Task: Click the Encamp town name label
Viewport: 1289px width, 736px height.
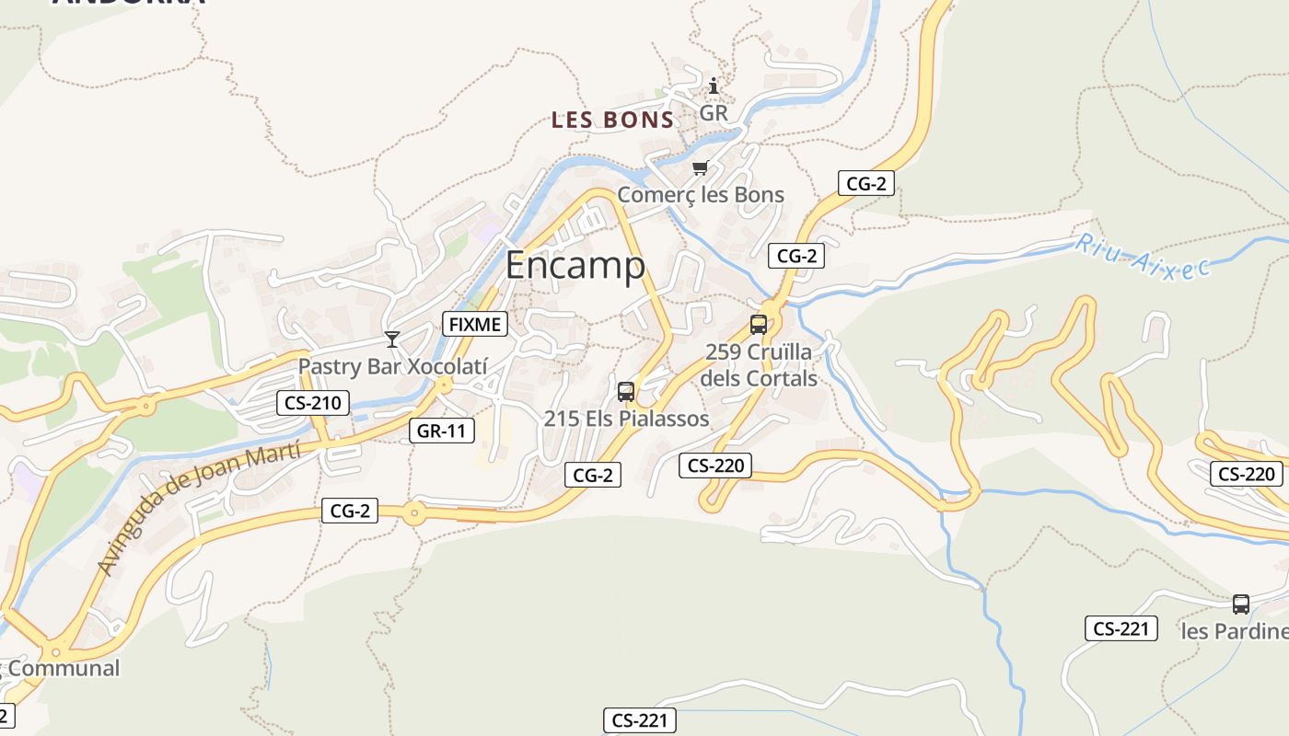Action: coord(575,265)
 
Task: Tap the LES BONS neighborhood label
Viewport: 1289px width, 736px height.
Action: coord(612,120)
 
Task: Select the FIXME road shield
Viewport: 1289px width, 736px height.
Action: coord(475,324)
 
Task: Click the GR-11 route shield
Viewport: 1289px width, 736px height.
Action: coord(442,430)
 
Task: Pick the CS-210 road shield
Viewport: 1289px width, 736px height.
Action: coord(313,402)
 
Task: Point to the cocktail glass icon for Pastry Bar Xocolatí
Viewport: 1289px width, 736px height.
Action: coord(392,339)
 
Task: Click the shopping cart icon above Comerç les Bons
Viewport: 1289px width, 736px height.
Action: coord(700,168)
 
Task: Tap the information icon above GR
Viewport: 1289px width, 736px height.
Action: coord(714,86)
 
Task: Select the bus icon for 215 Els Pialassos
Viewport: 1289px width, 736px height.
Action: coord(626,392)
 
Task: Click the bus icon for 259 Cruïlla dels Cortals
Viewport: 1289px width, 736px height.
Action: coord(759,325)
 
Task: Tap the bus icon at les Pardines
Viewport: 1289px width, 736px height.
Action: coord(1241,604)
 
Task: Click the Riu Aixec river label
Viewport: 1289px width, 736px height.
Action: coord(1142,257)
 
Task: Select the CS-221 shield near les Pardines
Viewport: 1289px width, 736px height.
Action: coord(1120,628)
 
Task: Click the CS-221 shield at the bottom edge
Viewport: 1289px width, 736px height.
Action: coord(640,720)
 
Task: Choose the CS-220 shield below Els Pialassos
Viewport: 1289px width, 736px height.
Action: coord(715,466)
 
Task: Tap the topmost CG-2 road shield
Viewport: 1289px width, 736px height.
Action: coord(866,183)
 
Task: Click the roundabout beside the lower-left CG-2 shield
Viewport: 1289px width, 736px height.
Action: coord(414,513)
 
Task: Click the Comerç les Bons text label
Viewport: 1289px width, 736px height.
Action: coord(701,194)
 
